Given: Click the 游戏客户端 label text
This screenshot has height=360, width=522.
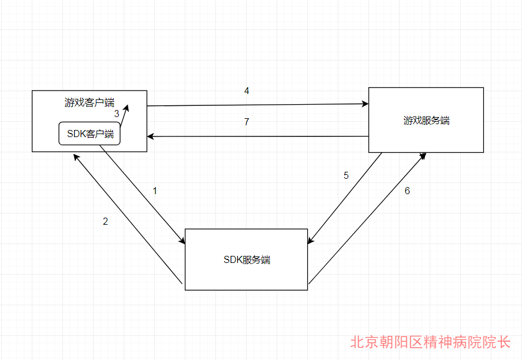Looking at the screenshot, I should click(x=89, y=102).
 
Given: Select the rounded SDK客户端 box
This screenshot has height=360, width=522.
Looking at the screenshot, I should click(x=89, y=134).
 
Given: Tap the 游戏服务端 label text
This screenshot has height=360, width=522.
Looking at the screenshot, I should click(x=426, y=120).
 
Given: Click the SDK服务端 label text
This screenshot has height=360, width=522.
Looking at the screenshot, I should click(x=247, y=259).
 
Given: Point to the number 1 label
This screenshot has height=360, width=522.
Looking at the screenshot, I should click(x=155, y=191).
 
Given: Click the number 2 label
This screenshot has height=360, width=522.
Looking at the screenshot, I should click(x=105, y=222).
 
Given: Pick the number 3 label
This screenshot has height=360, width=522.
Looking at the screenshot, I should click(x=117, y=114).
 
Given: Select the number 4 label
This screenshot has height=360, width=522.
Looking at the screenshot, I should click(x=247, y=91).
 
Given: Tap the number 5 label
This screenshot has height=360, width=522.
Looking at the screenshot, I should click(x=346, y=175).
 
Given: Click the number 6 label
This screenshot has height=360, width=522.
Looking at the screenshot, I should click(x=407, y=191).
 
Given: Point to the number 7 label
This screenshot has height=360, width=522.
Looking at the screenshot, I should click(x=247, y=122).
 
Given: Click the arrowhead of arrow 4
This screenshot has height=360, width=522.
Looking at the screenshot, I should click(x=365, y=104).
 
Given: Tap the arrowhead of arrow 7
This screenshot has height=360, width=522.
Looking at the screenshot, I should click(x=151, y=136).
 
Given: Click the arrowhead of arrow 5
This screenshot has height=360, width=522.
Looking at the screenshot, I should click(x=311, y=241).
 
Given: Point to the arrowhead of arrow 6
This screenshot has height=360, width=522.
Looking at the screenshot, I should click(x=423, y=155).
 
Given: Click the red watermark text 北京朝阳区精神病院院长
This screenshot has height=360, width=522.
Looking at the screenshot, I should click(x=430, y=342).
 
